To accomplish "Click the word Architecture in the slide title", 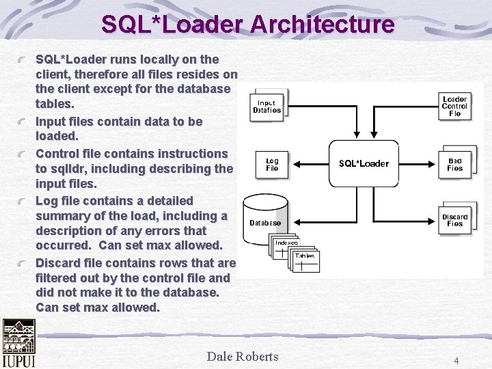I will pyautogui.click(x=322, y=25).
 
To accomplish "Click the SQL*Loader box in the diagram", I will pyautogui.click(x=364, y=163).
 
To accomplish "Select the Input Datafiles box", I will pyautogui.click(x=267, y=106).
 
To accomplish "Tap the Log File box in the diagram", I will pyautogui.click(x=272, y=164).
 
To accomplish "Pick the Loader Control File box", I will pyautogui.click(x=455, y=107).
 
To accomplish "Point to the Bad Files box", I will pyautogui.click(x=455, y=164).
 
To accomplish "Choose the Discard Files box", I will pyautogui.click(x=455, y=219).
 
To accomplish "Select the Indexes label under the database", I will pyautogui.click(x=286, y=243).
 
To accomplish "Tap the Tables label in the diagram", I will pyautogui.click(x=305, y=256).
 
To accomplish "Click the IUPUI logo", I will pyautogui.click(x=18, y=344).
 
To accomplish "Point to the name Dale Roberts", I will pyautogui.click(x=243, y=356).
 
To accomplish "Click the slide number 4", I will pyautogui.click(x=456, y=359).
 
